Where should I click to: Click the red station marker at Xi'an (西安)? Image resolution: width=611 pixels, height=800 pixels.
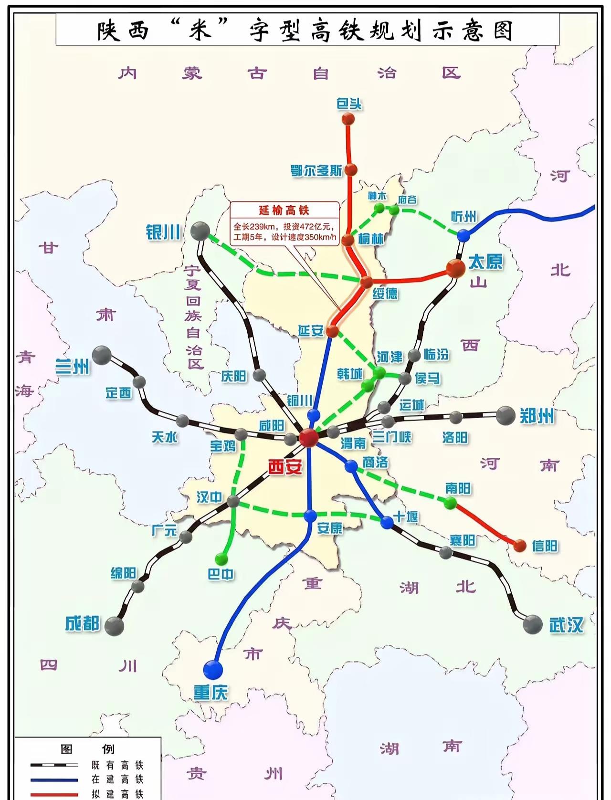308,437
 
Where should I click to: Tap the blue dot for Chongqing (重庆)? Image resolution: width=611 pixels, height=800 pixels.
213,669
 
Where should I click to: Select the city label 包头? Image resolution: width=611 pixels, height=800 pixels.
349,104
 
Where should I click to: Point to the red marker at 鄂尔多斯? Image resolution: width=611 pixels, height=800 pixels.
351,169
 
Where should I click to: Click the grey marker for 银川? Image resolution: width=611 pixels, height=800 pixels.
200,232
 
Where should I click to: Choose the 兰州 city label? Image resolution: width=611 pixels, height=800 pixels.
72,367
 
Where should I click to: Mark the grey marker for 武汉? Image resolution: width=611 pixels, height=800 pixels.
533,624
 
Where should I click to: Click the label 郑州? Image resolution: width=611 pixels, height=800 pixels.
537,416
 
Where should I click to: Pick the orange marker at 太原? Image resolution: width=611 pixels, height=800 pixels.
455,269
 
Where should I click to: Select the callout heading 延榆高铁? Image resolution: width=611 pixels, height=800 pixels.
284,211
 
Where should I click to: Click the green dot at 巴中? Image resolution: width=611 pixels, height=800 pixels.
221,558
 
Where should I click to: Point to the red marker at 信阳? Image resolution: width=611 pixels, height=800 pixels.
520,545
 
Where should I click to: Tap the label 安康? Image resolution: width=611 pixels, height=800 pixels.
330,528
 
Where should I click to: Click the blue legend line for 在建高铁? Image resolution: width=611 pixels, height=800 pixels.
54,780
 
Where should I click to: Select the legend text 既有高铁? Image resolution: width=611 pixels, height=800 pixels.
117,766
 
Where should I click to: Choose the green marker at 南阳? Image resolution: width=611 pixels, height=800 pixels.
450,503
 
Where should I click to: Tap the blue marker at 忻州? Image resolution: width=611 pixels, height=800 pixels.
463,235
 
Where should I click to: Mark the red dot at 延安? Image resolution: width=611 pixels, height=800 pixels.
332,331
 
